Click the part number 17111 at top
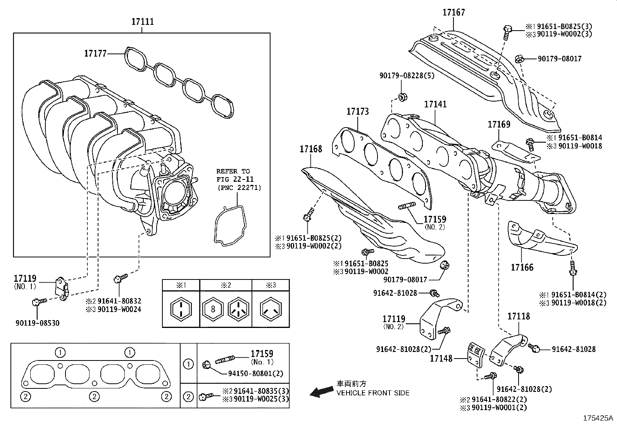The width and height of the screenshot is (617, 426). [x=142, y=22]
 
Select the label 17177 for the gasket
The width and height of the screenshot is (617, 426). [x=95, y=53]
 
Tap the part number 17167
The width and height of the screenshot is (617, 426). [x=453, y=12]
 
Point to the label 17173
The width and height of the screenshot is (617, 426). [x=357, y=112]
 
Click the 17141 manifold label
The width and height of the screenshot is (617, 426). [x=435, y=104]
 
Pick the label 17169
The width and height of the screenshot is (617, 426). [x=498, y=124]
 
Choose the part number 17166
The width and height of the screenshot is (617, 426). [x=522, y=267]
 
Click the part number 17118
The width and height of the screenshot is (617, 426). [x=519, y=316]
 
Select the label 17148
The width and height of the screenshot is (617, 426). [x=441, y=359]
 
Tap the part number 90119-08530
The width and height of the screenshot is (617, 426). [x=38, y=323]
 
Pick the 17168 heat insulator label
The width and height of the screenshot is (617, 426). [x=310, y=149]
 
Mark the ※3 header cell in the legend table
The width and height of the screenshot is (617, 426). [x=271, y=285]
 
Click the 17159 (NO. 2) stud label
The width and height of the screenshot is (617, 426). [x=434, y=220]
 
